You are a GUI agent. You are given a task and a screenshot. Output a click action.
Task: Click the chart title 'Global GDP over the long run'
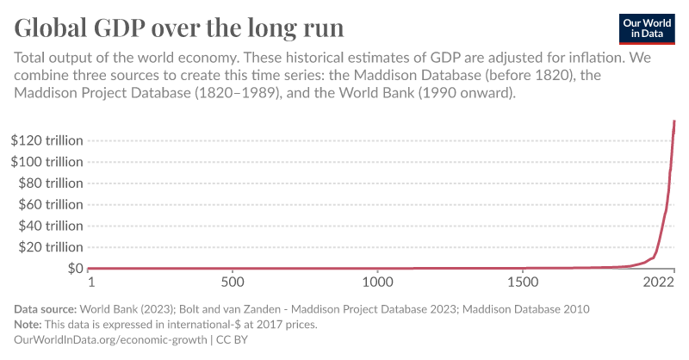point(179,28)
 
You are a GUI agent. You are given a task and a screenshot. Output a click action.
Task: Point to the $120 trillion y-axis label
point(47,140)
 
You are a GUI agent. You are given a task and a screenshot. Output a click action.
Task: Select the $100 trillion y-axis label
point(47,162)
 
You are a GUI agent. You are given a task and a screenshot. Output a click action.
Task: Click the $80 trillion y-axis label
point(50,183)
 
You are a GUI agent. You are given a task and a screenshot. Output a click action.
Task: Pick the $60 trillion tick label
point(50,205)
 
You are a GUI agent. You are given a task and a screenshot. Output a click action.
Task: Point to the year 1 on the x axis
point(90,282)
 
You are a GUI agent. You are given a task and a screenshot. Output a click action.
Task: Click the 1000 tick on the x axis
point(377,282)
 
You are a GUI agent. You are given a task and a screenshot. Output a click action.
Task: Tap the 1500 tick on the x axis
point(522,282)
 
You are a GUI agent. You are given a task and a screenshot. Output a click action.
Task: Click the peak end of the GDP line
point(674,121)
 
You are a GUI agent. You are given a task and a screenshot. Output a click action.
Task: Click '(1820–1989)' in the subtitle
point(239,92)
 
